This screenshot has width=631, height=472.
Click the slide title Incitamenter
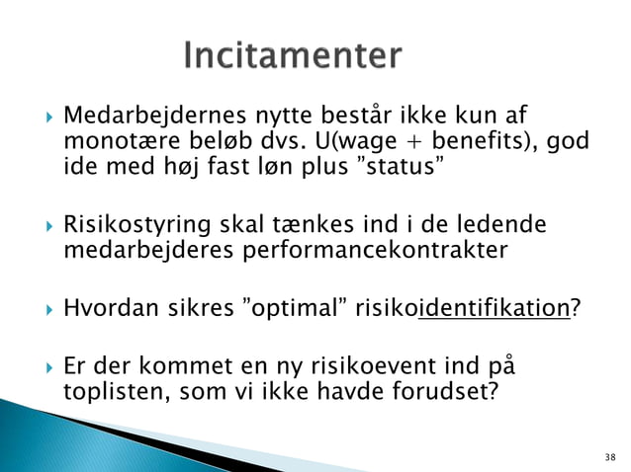coord(293,55)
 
